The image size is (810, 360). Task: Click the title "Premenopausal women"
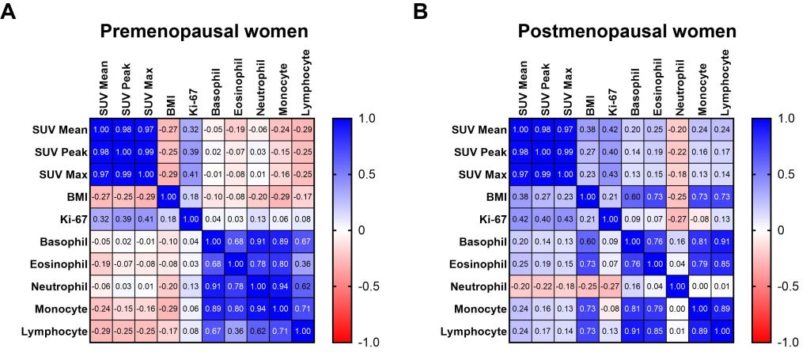coord(202,32)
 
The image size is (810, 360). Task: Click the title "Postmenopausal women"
coord(627,32)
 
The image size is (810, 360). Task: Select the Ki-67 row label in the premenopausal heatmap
coord(66,218)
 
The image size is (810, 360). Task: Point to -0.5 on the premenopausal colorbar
coord(372,286)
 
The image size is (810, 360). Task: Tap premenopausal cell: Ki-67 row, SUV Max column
coord(147,218)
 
